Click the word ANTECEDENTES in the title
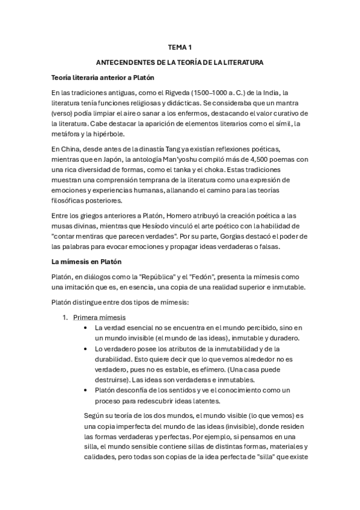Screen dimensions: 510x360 [123, 62]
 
